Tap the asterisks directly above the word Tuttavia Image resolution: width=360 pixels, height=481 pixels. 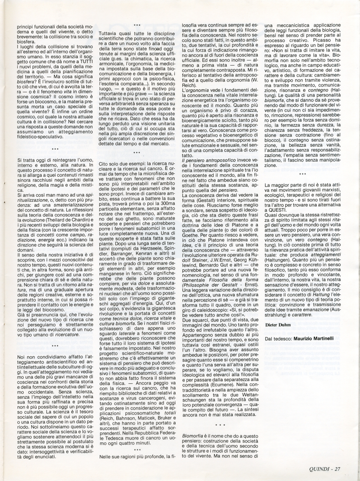pyautogui.click(x=137, y=25)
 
